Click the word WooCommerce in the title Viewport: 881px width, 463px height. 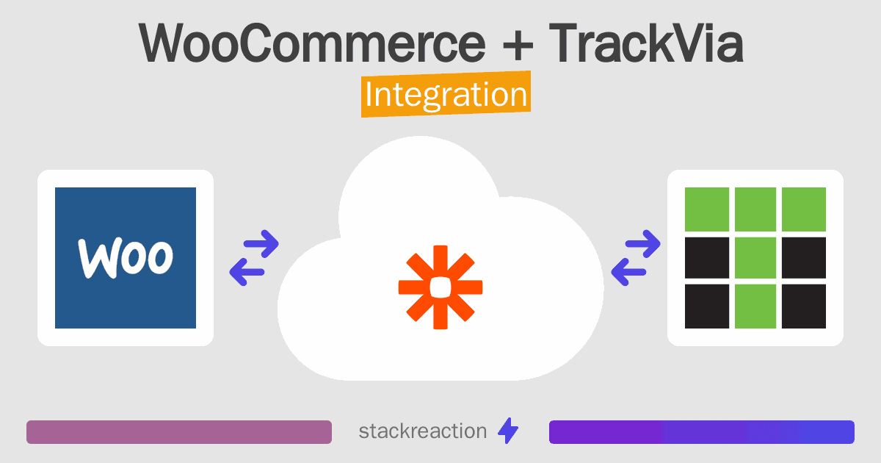(x=312, y=44)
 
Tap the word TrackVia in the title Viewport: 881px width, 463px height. (x=647, y=44)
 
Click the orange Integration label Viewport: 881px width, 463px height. (x=446, y=96)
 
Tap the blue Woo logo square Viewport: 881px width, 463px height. (x=126, y=257)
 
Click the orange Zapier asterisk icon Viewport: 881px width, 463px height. (x=440, y=287)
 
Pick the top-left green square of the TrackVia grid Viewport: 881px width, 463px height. (x=707, y=209)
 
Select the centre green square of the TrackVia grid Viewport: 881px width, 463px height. (x=755, y=257)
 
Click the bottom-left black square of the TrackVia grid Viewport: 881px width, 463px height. (x=707, y=306)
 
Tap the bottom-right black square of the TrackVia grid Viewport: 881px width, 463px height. (x=804, y=306)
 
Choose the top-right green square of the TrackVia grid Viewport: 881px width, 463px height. (x=804, y=209)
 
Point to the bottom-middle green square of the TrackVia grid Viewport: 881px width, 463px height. (x=755, y=306)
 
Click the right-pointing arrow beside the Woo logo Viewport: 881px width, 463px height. (x=261, y=243)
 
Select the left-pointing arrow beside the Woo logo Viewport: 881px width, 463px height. (x=247, y=272)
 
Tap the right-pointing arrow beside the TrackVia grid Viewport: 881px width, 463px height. (x=643, y=243)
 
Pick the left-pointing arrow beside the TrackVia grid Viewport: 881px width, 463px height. (x=628, y=272)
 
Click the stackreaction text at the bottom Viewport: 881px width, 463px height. (x=422, y=431)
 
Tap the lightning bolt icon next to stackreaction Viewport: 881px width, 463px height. (x=508, y=431)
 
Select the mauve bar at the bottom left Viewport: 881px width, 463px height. (x=179, y=432)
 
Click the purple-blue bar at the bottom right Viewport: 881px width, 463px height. (x=701, y=432)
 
